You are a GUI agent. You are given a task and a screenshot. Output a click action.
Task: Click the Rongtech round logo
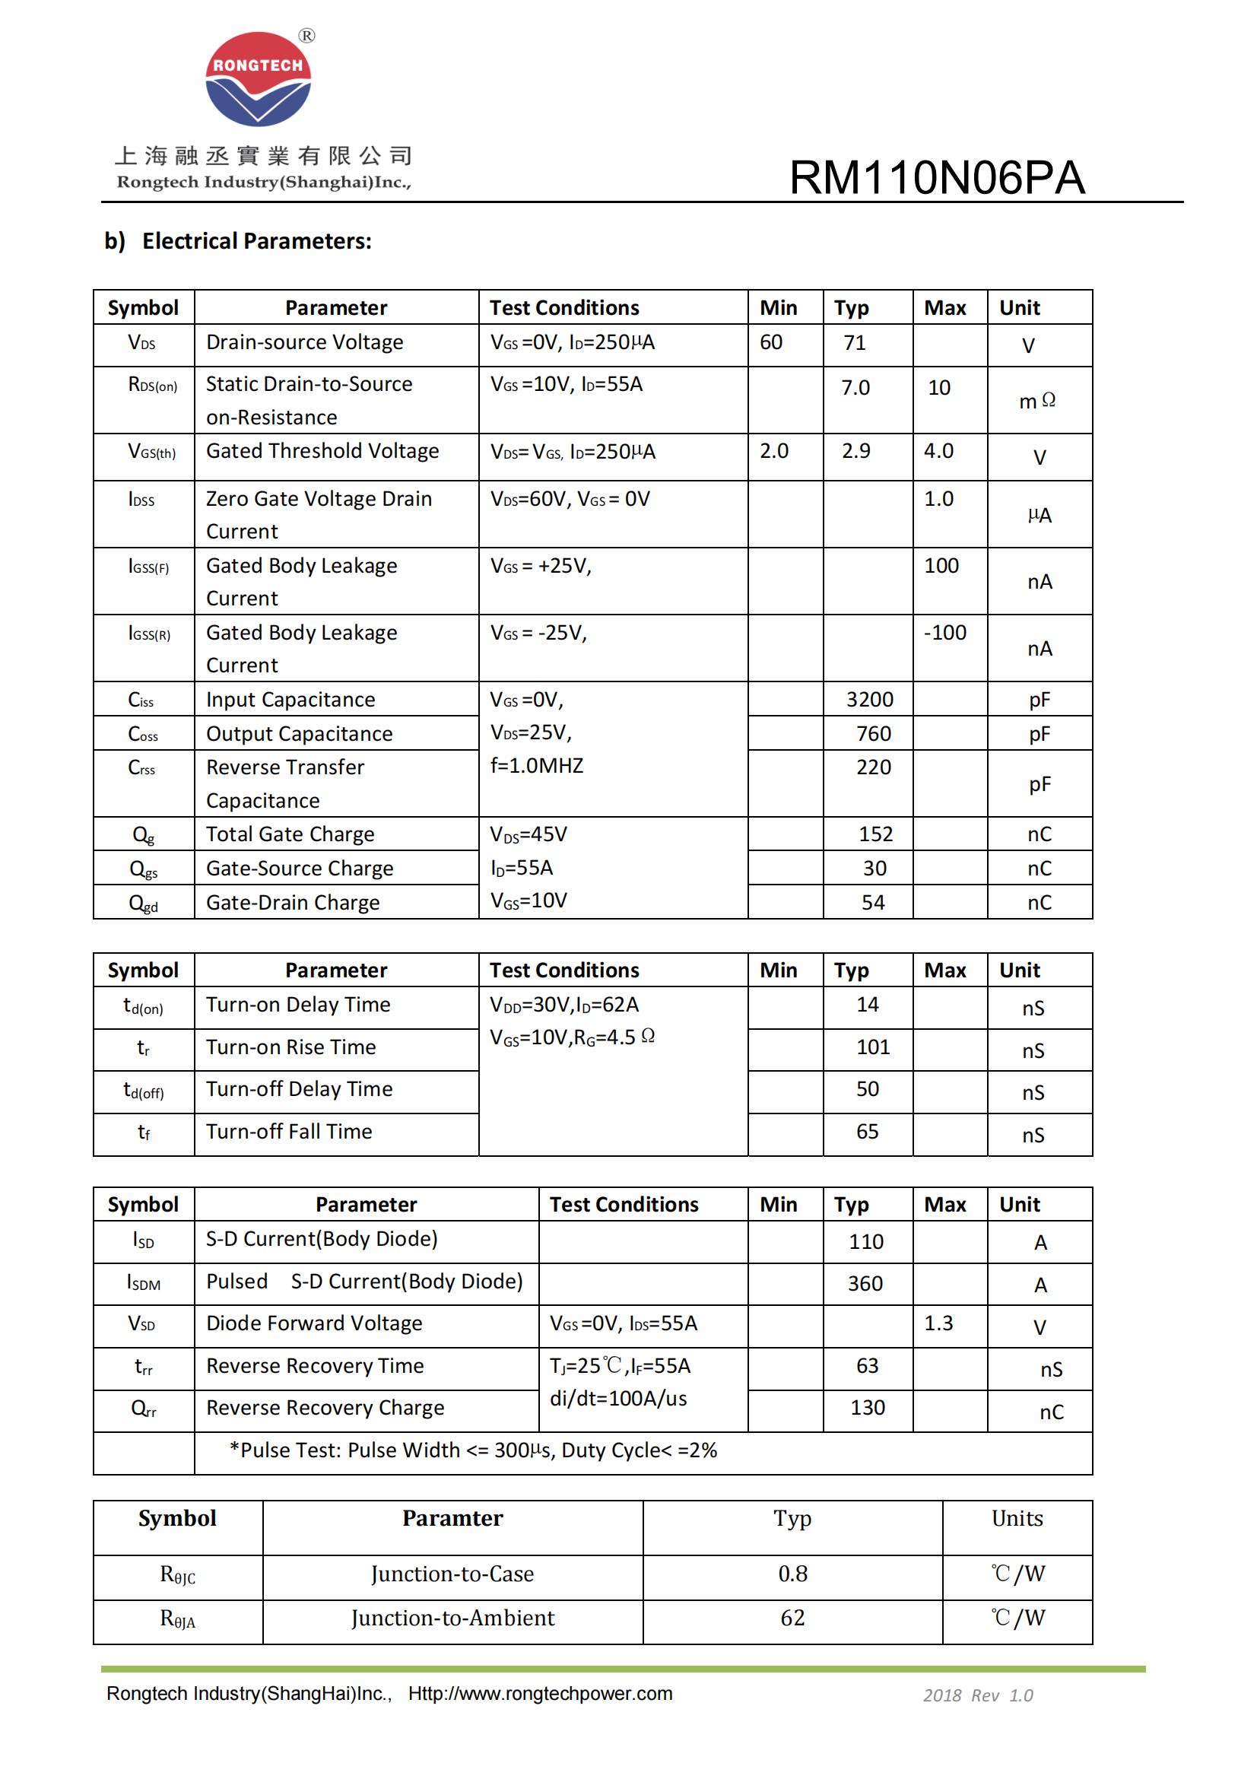258,79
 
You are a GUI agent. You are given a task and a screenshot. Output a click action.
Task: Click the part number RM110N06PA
936,177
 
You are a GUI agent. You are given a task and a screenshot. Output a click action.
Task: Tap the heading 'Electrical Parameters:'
256,241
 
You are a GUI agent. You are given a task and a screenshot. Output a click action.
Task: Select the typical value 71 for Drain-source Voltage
854,342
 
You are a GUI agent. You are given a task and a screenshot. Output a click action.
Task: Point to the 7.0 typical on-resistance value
855,387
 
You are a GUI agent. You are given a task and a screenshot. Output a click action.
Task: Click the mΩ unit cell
1037,401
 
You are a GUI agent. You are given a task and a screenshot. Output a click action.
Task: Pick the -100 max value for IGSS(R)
945,632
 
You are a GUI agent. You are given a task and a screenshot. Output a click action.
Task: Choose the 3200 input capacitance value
869,700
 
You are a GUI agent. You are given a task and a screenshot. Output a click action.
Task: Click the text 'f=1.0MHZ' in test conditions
537,766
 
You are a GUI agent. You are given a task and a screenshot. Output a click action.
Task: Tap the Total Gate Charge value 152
875,834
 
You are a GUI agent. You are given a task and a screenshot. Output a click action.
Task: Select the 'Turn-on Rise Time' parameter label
290,1047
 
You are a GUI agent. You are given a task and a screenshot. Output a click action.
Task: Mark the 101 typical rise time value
873,1047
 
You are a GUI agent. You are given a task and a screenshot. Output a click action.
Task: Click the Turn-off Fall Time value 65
867,1131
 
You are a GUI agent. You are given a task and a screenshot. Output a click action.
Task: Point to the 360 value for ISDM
865,1284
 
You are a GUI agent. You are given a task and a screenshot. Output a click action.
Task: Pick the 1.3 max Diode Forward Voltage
938,1323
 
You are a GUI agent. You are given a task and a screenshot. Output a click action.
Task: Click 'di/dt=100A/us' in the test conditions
618,1399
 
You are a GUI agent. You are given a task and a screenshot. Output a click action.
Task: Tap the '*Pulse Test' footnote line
472,1450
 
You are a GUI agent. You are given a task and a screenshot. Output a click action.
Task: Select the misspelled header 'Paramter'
452,1518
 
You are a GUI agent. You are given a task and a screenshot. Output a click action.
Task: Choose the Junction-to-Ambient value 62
792,1618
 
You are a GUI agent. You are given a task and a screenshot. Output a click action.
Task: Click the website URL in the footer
540,1694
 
